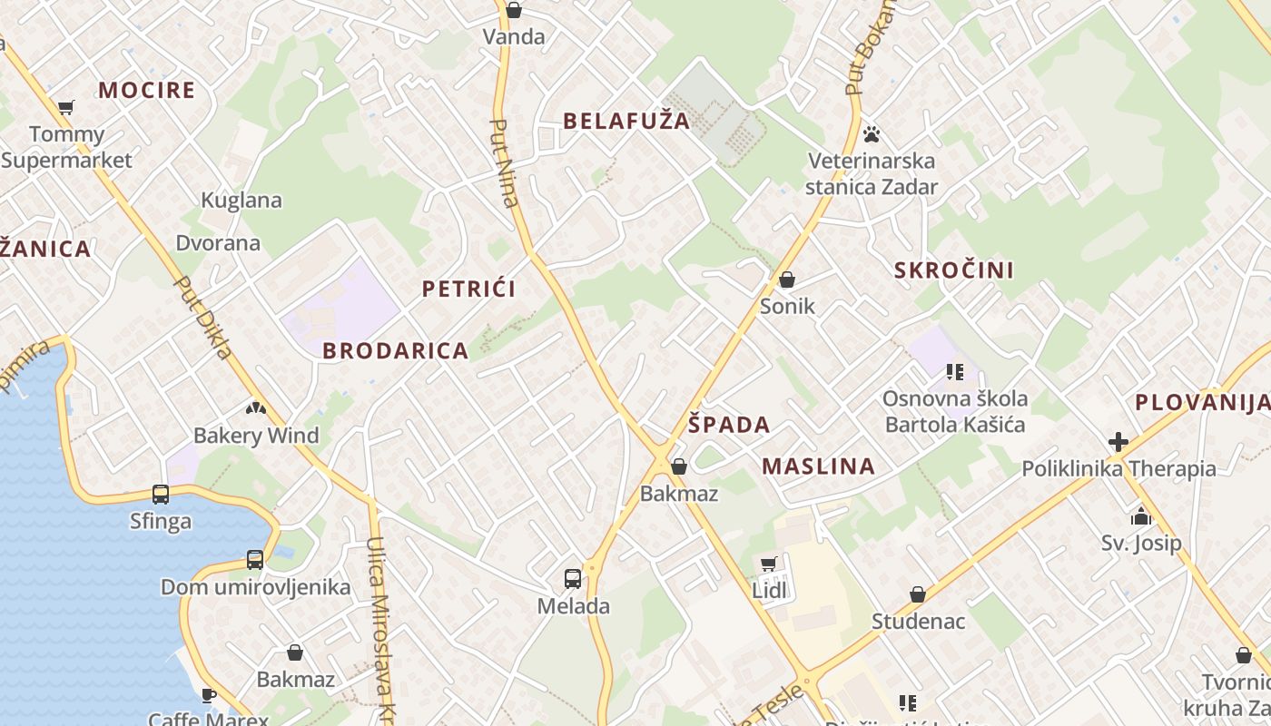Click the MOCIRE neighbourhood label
[146, 90]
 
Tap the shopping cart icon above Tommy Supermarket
[66, 108]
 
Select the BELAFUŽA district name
[626, 121]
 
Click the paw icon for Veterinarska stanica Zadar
[872, 134]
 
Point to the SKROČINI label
[953, 270]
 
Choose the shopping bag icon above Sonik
[787, 280]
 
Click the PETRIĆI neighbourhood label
[468, 289]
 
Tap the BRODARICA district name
[396, 351]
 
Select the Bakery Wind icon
[255, 408]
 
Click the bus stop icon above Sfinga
[161, 495]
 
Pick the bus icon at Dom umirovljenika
[255, 560]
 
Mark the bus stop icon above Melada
[573, 578]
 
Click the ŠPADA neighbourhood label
[728, 425]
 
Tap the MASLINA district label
[818, 466]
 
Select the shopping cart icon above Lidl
[769, 564]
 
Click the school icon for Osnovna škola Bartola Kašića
[954, 371]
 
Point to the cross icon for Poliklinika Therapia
[1118, 442]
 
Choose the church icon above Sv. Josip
[1141, 517]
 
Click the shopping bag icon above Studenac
[918, 594]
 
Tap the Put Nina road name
[504, 163]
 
